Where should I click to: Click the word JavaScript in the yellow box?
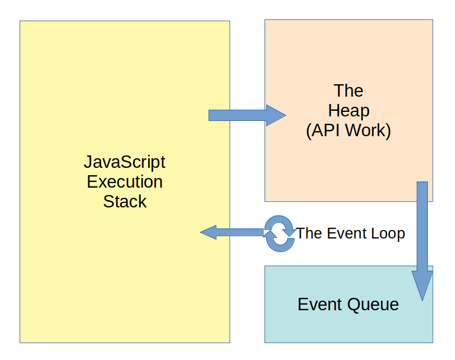pos(124,162)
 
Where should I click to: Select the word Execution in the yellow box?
pos(124,182)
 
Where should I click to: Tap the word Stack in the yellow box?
pos(124,202)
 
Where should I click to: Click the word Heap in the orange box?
pos(348,110)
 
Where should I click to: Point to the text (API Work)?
pos(348,131)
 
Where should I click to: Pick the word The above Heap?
pos(348,90)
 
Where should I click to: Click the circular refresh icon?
pos(280,232)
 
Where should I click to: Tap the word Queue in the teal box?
pos(373,305)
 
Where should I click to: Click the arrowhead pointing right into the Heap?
pos(276,115)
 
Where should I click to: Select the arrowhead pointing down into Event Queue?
pos(422,286)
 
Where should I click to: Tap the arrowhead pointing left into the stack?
pos(209,232)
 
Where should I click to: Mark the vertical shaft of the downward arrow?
pos(422,226)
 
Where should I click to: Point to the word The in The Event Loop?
pos(309,233)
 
